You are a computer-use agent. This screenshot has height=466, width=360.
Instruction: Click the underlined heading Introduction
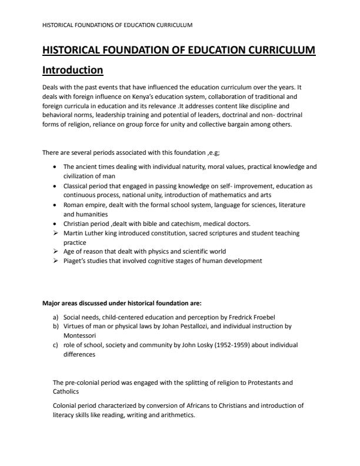[x=73, y=70]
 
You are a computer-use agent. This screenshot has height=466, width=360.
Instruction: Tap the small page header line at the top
[x=118, y=25]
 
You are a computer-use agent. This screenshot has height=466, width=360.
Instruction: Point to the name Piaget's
[x=76, y=260]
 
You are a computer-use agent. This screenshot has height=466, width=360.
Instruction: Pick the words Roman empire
[x=82, y=205]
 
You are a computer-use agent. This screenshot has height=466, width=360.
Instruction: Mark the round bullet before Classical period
[x=55, y=186]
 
